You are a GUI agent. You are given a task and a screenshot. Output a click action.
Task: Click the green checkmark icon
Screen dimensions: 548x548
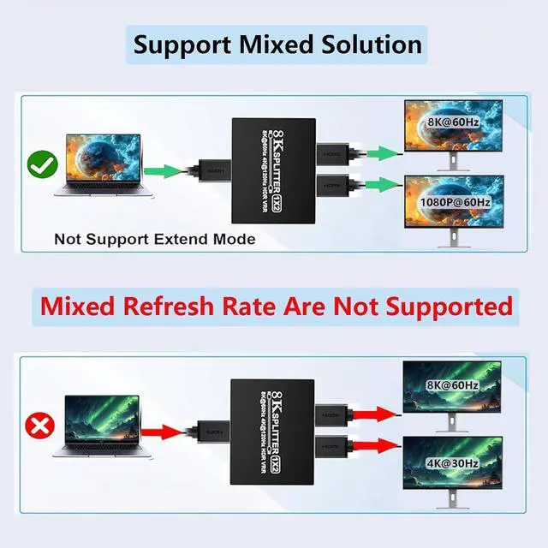tap(40, 164)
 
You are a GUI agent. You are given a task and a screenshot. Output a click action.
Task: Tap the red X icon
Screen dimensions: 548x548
tap(37, 426)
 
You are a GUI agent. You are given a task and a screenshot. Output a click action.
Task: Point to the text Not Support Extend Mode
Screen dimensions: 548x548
tap(154, 239)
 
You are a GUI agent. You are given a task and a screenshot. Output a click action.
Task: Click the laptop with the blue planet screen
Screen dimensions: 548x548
tap(101, 171)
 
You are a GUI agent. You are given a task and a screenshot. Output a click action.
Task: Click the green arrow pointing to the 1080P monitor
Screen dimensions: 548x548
tap(381, 182)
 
